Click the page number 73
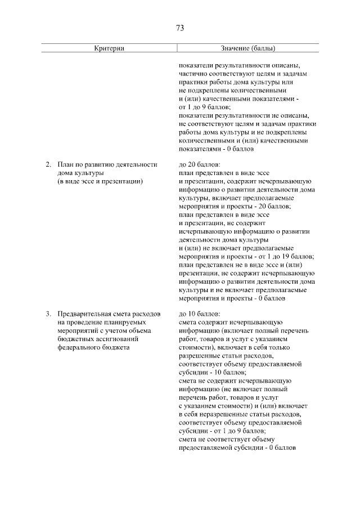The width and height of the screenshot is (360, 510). click(180, 28)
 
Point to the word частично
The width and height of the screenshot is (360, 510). click(193, 73)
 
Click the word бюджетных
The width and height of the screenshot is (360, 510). click(75, 339)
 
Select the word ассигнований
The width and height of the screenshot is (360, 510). click(118, 339)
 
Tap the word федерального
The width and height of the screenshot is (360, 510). click(81, 348)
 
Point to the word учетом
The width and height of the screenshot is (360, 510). click(116, 331)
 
